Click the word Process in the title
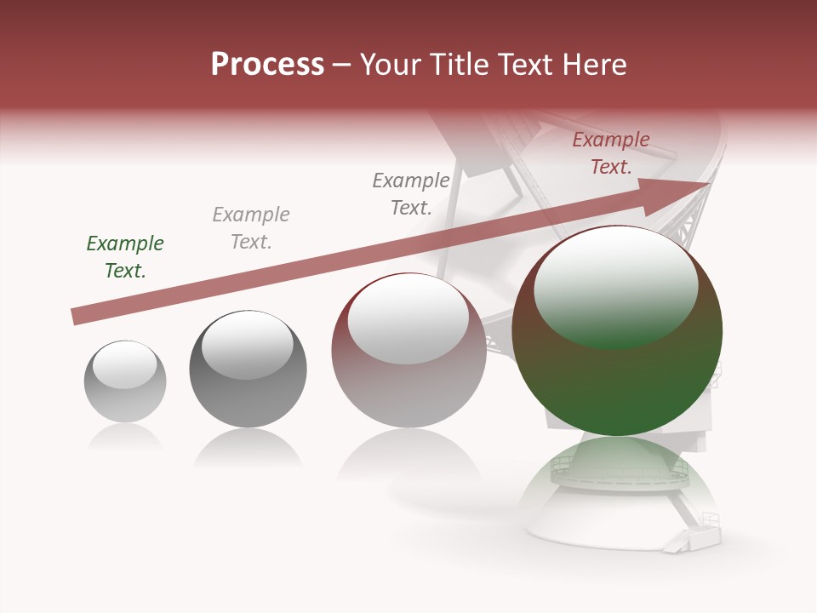(267, 65)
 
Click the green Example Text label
(125, 257)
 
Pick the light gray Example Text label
(251, 228)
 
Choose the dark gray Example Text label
(411, 194)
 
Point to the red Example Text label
(611, 153)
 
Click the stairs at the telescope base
(693, 536)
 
